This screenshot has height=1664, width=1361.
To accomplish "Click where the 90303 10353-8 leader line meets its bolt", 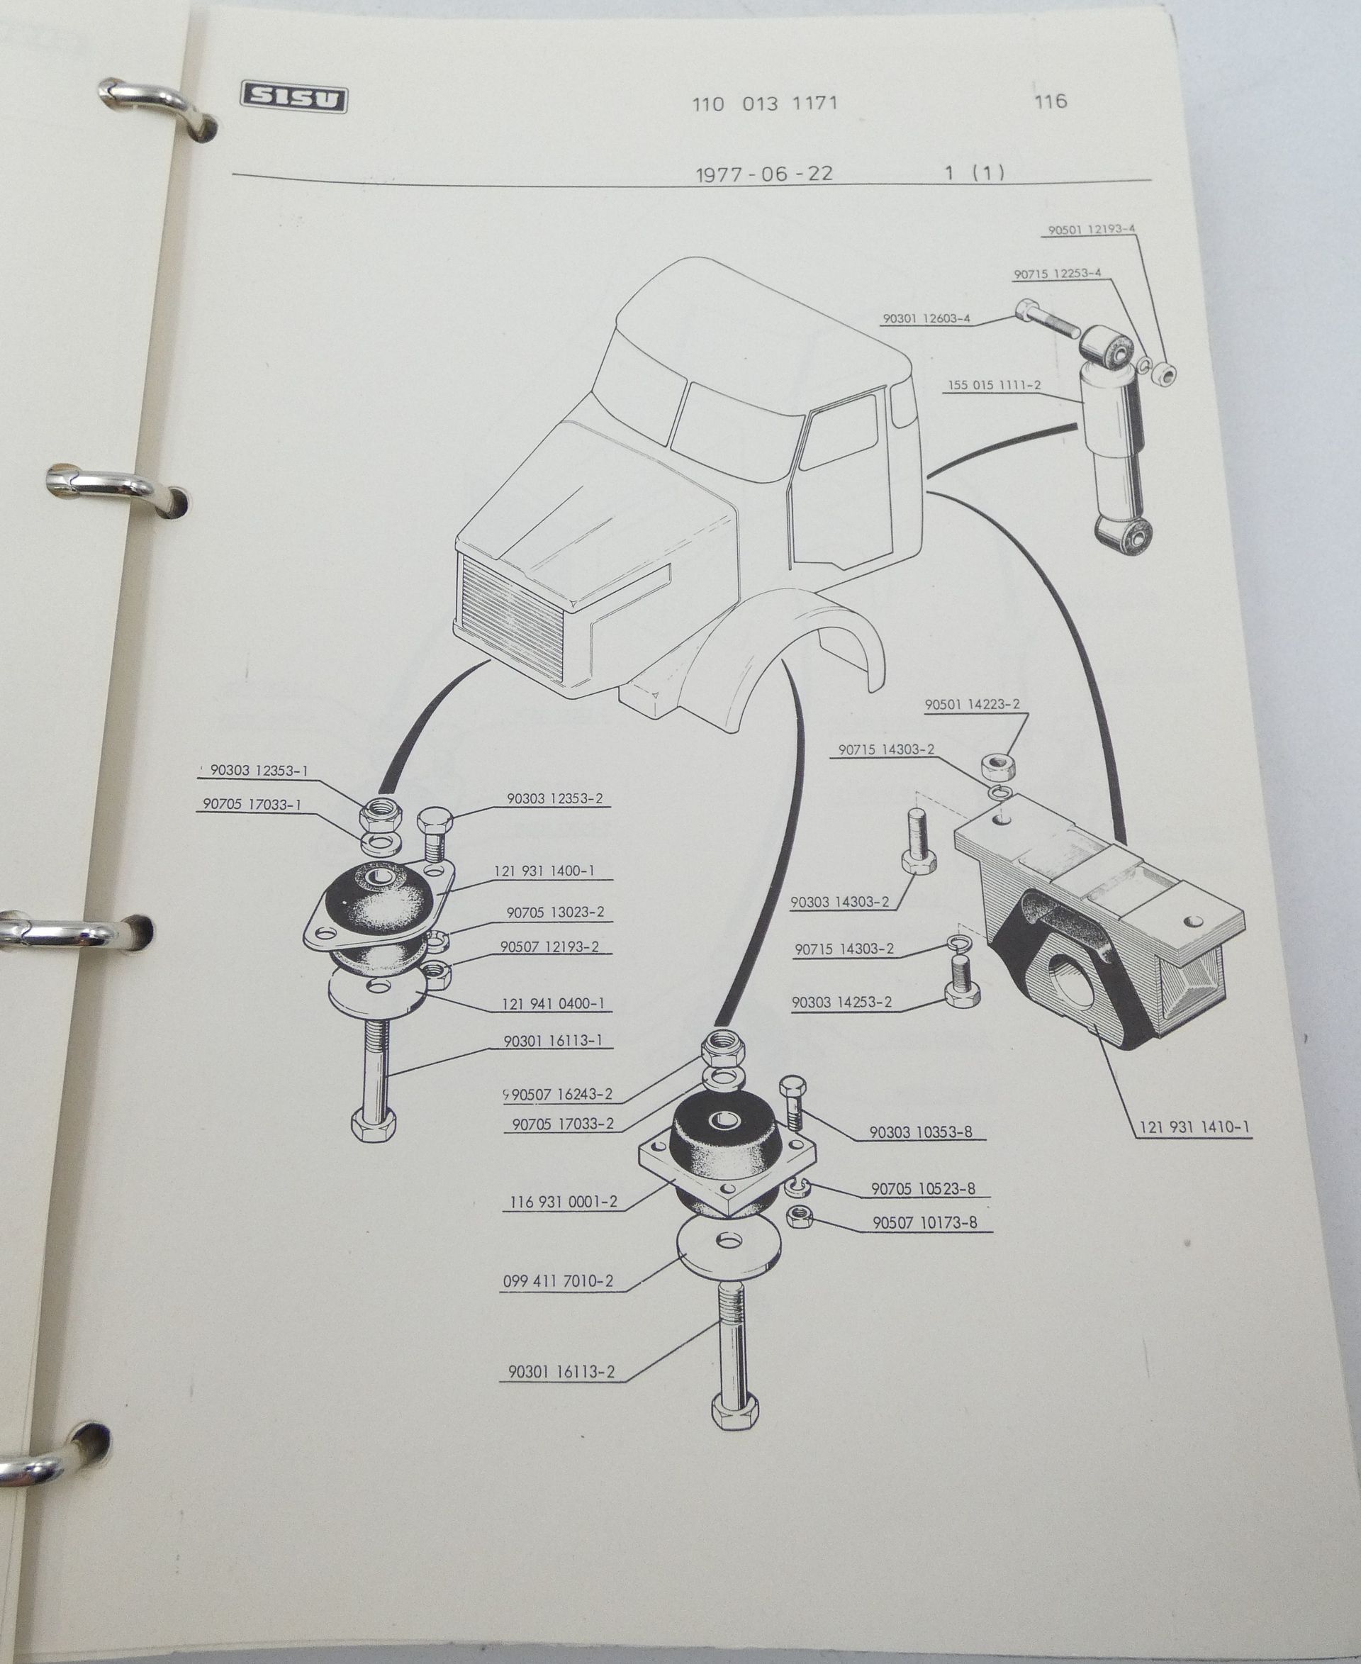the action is (799, 1111).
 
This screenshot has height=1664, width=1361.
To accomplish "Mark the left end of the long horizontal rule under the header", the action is (233, 174).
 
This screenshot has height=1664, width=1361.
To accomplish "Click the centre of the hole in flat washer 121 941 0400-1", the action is (382, 985).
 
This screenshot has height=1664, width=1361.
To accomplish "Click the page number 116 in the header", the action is (1051, 101).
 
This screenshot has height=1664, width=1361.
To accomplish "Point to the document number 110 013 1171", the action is (765, 104).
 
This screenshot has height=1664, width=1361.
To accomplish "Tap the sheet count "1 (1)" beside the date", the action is (975, 172).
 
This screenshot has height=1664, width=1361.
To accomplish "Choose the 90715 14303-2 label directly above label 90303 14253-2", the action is (844, 949).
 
